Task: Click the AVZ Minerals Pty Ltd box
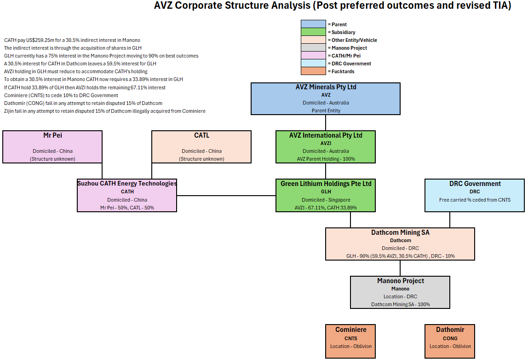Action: [326, 99]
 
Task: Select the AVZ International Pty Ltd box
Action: [326, 147]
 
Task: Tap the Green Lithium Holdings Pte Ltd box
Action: [326, 195]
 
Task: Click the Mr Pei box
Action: [52, 147]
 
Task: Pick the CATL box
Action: [201, 147]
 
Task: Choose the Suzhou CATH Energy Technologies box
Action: [127, 195]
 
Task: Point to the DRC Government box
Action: [475, 195]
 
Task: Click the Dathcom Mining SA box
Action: [400, 244]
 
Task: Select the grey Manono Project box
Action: [400, 292]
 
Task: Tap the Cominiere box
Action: [350, 341]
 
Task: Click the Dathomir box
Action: [450, 341]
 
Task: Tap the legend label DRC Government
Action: [351, 64]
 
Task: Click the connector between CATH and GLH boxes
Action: [226, 196]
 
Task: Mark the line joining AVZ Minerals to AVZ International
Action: [326, 122]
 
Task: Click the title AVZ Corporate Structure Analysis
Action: [333, 6]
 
